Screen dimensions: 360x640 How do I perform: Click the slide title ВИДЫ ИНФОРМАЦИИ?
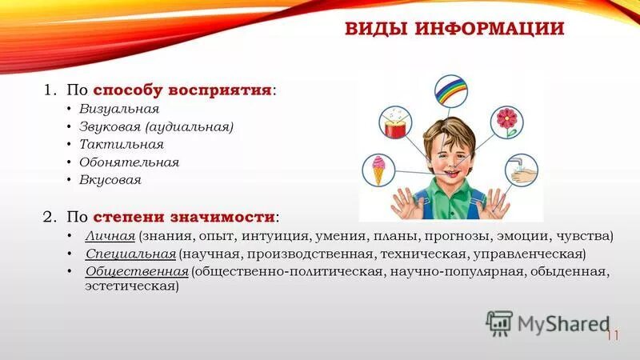454,30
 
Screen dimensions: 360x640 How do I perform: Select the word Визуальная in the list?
118,109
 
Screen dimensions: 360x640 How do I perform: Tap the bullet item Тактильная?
121,145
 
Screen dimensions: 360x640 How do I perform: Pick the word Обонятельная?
129,162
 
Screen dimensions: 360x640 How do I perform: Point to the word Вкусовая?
110,180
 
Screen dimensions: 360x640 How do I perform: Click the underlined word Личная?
110,237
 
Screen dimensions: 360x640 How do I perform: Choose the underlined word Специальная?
130,254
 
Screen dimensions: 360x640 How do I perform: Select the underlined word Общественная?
136,272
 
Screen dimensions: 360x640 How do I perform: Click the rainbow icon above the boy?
450,91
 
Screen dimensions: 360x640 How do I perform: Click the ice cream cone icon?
377,169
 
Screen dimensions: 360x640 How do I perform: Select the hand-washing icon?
520,170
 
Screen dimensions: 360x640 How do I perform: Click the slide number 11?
612,336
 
